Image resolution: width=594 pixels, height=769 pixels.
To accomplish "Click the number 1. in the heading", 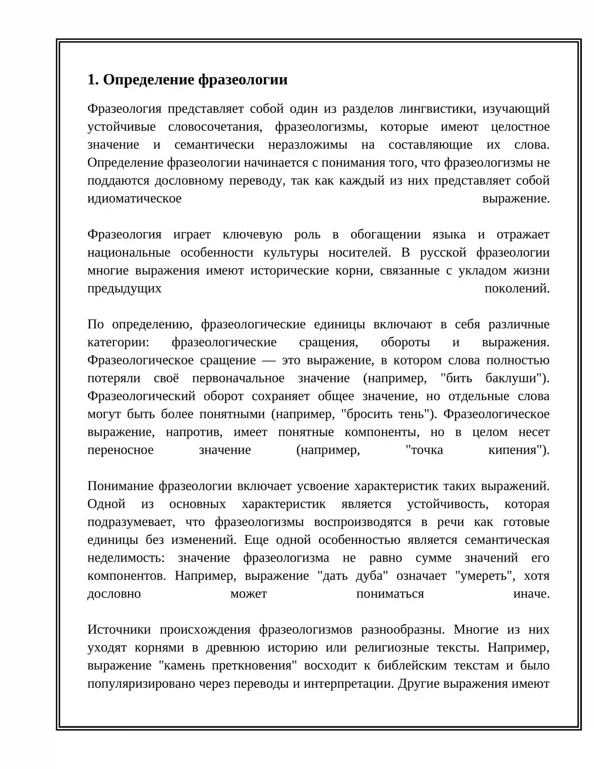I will click(93, 80).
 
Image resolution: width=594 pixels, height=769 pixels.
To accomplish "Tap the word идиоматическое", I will click(134, 198).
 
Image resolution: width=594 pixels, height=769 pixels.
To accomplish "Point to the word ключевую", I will click(252, 234).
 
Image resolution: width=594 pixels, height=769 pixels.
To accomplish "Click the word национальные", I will click(129, 252).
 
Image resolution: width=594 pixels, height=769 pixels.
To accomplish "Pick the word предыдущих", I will click(124, 288).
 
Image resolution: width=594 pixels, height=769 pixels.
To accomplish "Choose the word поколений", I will click(517, 288).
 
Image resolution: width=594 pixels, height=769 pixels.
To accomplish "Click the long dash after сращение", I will click(269, 360).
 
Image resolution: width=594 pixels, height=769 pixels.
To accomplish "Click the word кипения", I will click(515, 450).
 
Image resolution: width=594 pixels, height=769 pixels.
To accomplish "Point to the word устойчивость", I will click(448, 504).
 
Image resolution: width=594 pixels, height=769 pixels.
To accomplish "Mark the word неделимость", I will click(126, 558).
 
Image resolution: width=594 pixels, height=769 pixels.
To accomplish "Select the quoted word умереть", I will click(485, 575).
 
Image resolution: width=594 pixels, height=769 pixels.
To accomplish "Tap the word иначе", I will click(531, 594).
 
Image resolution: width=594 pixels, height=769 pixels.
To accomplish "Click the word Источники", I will click(119, 629).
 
